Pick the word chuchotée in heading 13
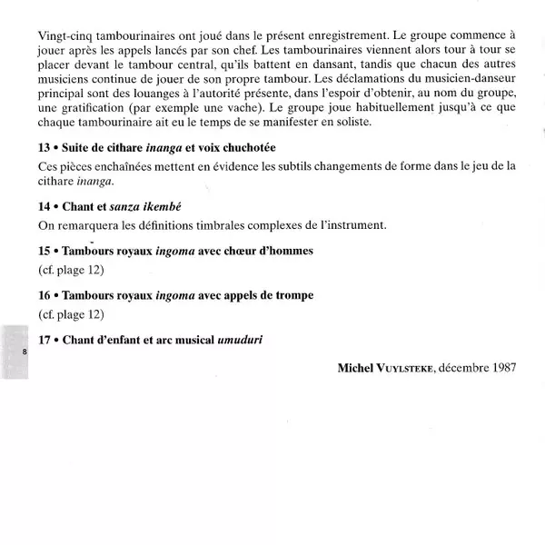pos(245,147)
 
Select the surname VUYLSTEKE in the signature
pos(411,369)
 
